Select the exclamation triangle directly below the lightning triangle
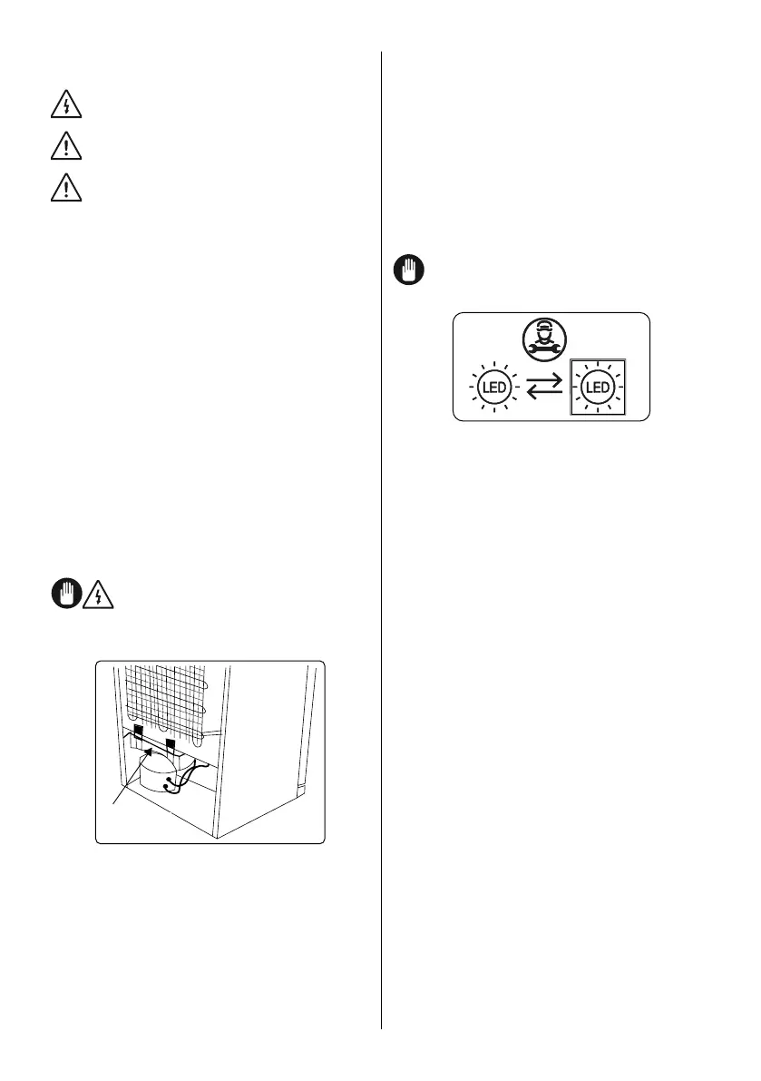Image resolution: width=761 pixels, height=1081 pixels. pos(66,145)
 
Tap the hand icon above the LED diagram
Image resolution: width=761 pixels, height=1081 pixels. pos(408,270)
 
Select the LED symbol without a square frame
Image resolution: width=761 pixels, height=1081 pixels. pos(492,388)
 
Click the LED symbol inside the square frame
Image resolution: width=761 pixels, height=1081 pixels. pos(597,388)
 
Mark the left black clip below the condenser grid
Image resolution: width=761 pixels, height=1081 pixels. pos(138,730)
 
